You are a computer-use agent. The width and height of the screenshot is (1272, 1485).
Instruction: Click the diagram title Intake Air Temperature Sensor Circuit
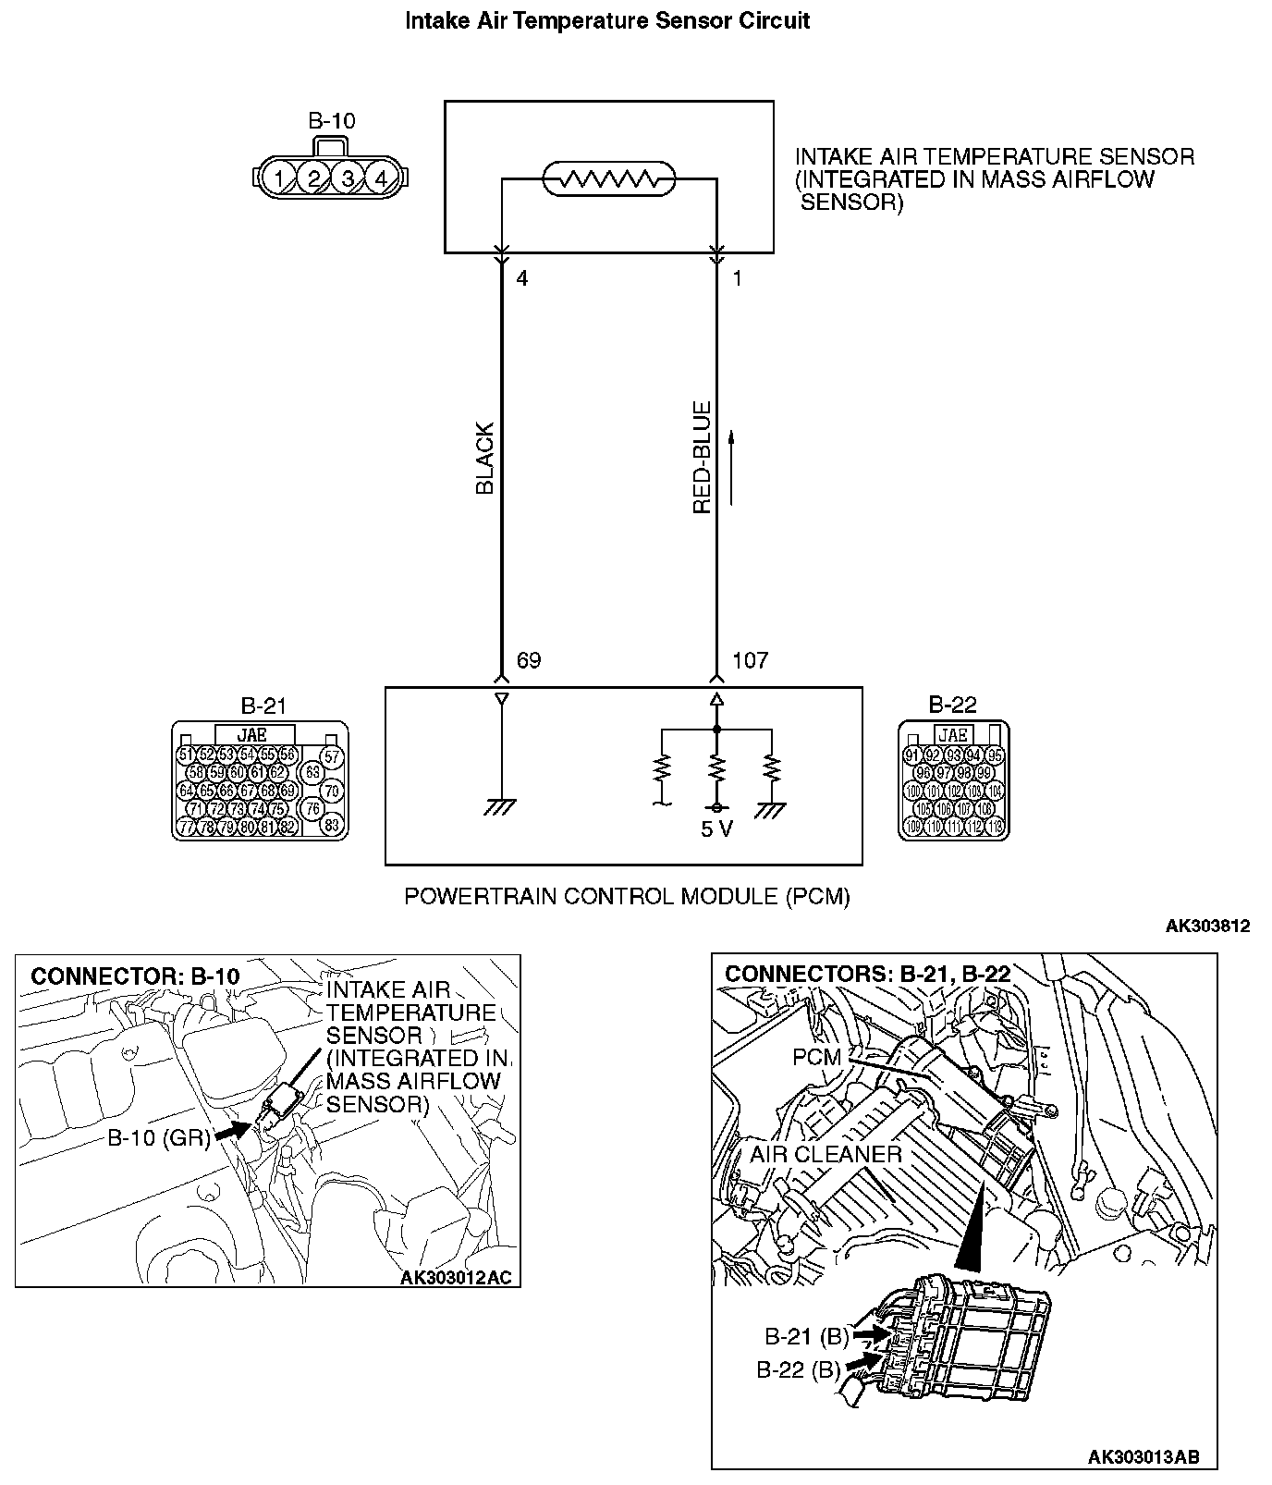[x=607, y=21]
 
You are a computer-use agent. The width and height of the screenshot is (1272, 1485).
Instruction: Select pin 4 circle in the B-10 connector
[x=381, y=178]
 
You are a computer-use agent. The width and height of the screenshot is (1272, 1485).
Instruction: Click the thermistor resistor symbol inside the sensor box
[x=608, y=178]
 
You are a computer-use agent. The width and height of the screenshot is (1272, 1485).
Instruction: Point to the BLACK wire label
[x=485, y=459]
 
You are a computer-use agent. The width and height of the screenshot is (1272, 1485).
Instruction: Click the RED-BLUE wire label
[x=703, y=458]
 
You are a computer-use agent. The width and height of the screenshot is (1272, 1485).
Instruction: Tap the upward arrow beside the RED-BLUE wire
[x=731, y=467]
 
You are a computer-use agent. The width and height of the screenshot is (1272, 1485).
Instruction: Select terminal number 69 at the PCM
[x=529, y=660]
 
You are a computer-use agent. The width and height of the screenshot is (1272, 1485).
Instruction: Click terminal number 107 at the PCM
[x=750, y=660]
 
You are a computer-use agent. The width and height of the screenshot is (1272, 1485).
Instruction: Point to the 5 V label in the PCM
[x=716, y=829]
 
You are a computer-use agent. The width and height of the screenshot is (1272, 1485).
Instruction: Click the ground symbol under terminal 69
[x=501, y=806]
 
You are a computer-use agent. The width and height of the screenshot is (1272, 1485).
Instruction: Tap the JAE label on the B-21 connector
[x=252, y=735]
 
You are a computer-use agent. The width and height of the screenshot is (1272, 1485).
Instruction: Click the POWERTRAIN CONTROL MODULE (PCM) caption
[x=627, y=896]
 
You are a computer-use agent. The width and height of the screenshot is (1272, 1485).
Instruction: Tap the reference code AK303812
[x=1207, y=926]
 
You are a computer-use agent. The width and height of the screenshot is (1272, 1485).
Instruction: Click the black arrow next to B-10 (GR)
[x=234, y=1130]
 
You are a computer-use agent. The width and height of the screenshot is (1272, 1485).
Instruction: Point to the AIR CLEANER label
[x=826, y=1154]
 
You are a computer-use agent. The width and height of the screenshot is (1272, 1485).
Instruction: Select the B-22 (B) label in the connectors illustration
[x=798, y=1370]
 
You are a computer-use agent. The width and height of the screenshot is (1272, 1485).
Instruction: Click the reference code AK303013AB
[x=1144, y=1457]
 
